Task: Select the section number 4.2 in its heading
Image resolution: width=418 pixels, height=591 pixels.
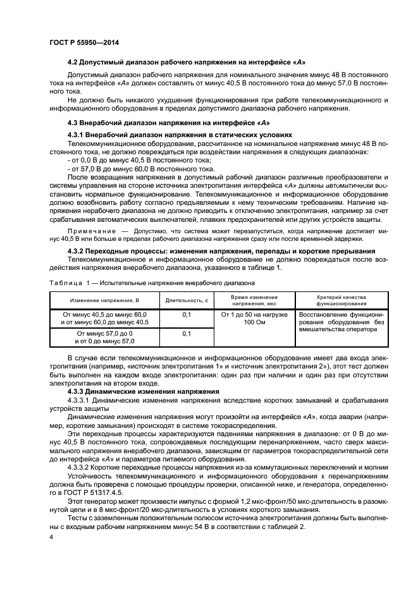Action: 73,63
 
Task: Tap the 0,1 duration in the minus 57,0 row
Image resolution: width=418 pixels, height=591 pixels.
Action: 187,333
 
